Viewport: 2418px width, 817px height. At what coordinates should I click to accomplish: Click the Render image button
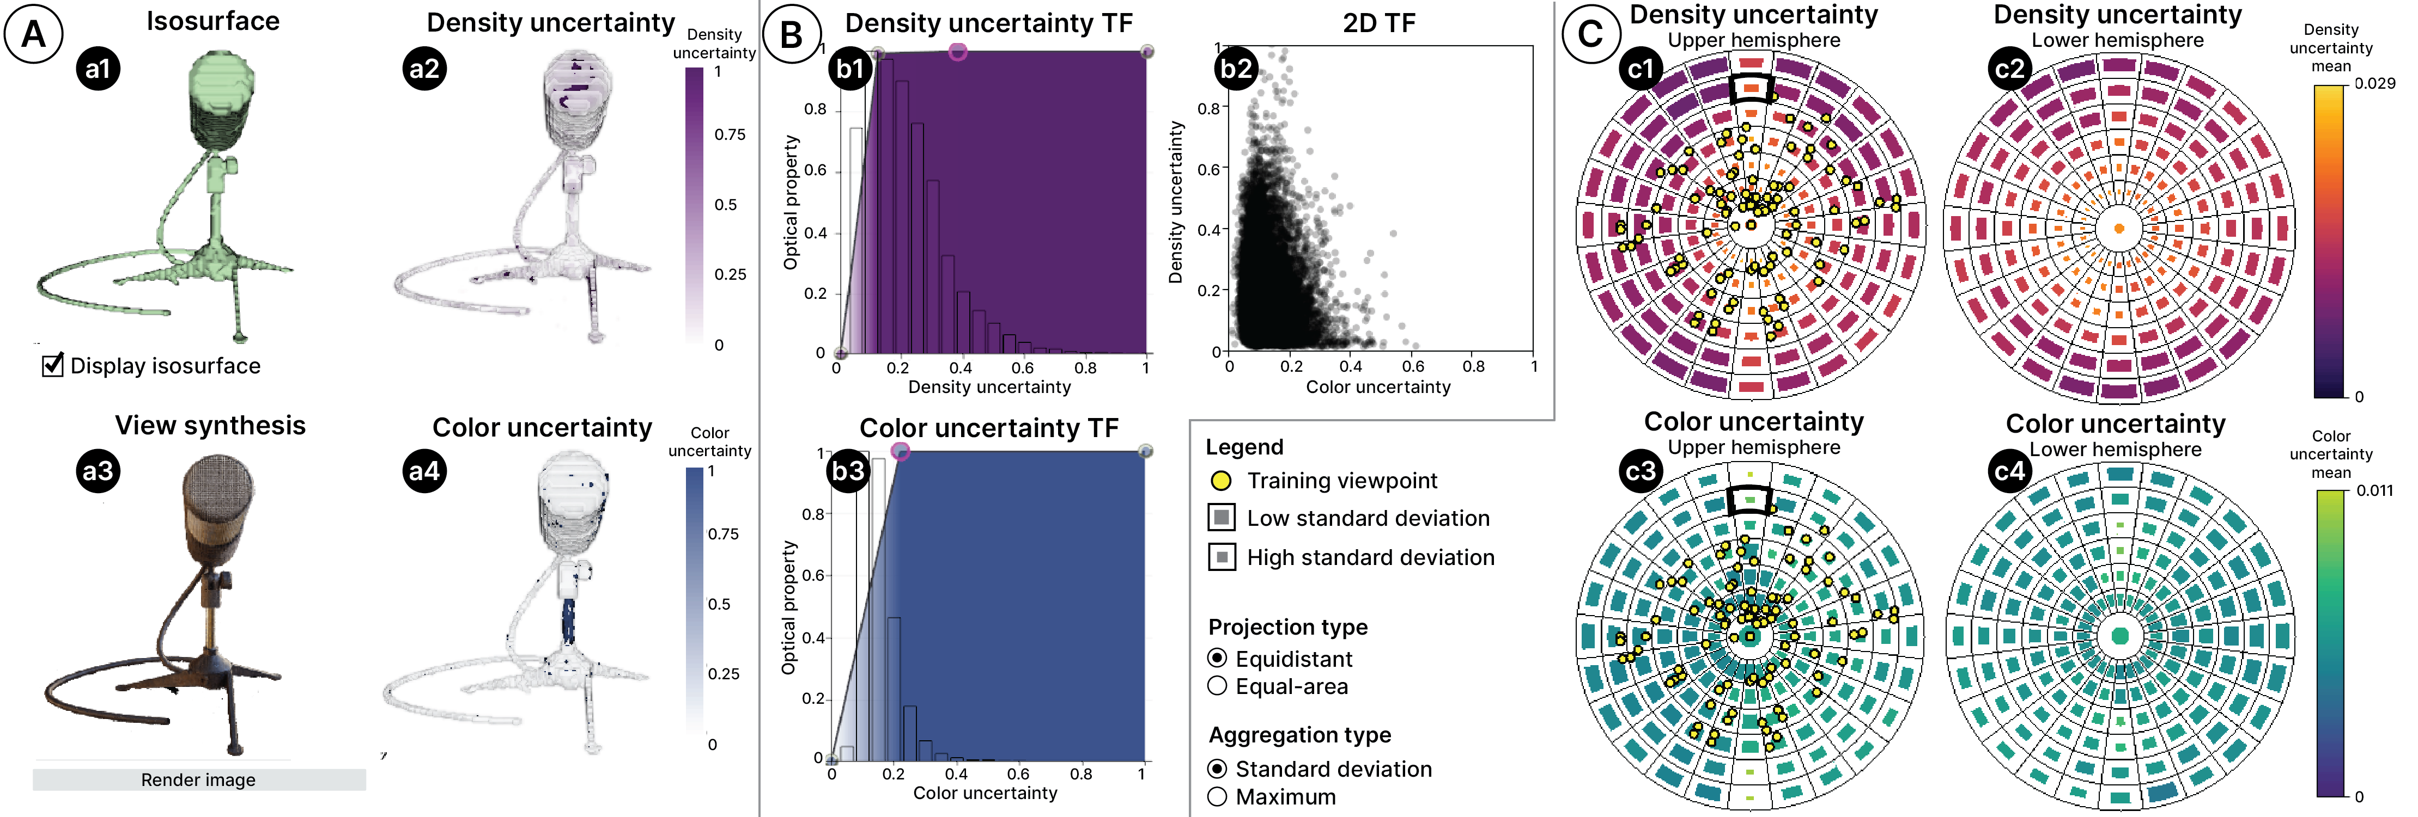tap(198, 779)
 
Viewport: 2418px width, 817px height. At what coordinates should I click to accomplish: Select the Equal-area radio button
tap(1218, 686)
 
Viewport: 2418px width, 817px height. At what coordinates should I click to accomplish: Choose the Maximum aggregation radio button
tap(1218, 796)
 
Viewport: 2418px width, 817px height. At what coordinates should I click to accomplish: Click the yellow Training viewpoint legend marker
tap(1221, 480)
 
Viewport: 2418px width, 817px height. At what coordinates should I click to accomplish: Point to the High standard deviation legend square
tap(1221, 557)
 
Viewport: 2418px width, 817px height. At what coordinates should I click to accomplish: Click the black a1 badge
tap(99, 69)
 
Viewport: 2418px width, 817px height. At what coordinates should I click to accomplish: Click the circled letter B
tap(791, 35)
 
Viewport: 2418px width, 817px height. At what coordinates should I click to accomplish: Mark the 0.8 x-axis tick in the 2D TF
tap(1474, 366)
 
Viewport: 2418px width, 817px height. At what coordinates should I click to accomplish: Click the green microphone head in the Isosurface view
tap(222, 94)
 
